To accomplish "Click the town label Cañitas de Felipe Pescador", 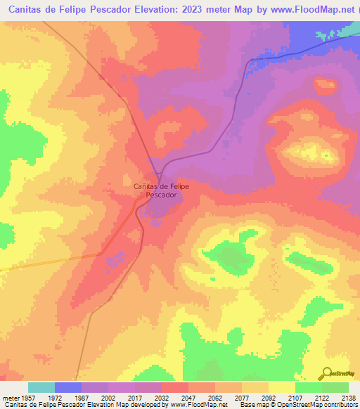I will click(x=161, y=190).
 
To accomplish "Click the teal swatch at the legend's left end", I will click(x=41, y=387).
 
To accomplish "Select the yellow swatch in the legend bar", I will click(x=282, y=387).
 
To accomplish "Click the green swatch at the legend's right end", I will click(x=335, y=387).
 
